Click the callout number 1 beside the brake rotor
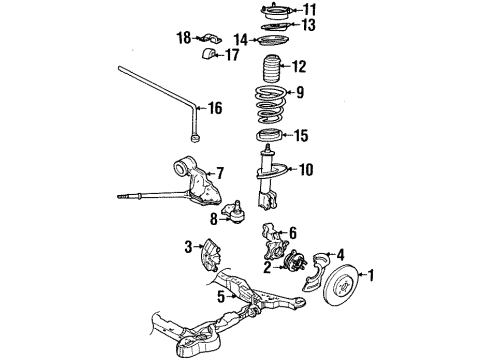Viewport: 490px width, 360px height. coord(373,276)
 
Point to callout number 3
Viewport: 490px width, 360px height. coord(187,247)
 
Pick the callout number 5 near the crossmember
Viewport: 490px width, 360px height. coord(220,297)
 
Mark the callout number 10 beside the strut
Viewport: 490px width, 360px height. coord(304,170)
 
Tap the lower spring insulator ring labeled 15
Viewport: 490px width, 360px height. coord(270,137)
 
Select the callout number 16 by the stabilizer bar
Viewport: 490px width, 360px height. coord(214,107)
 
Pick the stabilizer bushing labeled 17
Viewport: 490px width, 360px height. coord(210,52)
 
